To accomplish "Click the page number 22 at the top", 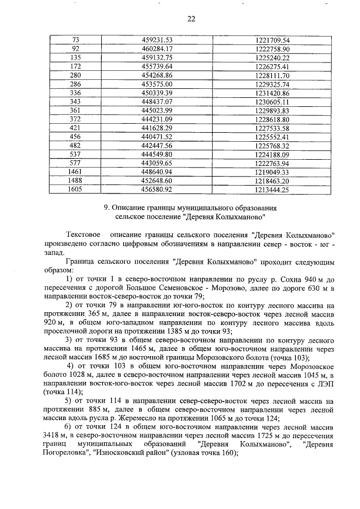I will pos(191,19).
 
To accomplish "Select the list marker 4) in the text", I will pos(71,367).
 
